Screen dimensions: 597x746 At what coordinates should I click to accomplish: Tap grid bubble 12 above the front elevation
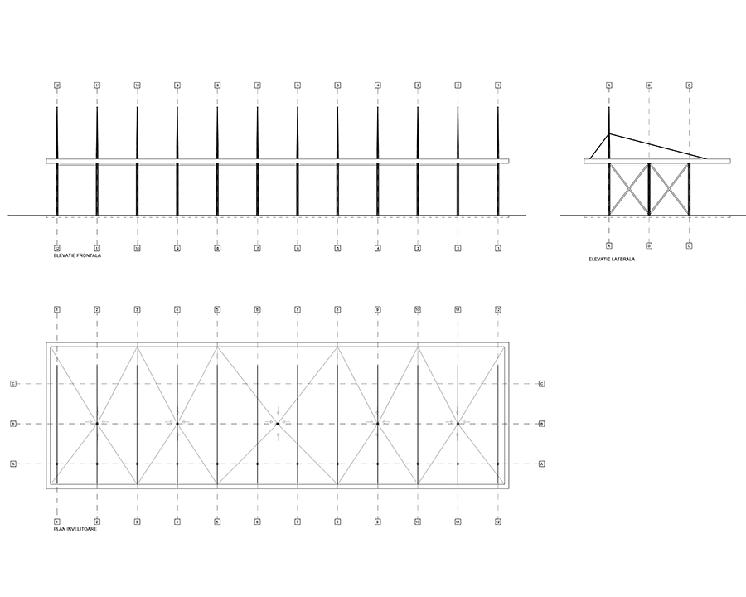(x=56, y=85)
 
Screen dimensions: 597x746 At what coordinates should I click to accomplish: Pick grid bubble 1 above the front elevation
(x=498, y=85)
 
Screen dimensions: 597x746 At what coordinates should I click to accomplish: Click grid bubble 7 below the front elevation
(x=257, y=248)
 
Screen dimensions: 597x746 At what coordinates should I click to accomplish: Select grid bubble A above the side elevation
(x=609, y=85)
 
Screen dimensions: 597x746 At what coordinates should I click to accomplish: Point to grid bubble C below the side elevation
(x=690, y=245)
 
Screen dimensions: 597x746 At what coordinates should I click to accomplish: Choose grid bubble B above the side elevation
(x=649, y=85)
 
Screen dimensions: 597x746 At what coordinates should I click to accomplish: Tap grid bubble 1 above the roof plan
(x=56, y=309)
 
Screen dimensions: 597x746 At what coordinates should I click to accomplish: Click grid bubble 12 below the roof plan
(x=498, y=522)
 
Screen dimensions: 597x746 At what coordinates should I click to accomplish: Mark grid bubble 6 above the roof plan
(x=257, y=309)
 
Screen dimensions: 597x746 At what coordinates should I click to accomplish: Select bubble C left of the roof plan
(x=13, y=384)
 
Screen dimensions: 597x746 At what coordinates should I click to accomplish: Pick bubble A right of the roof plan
(x=541, y=464)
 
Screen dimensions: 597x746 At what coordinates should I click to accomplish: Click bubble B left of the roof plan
(x=13, y=424)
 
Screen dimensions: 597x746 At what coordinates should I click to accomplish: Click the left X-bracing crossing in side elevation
(x=629, y=189)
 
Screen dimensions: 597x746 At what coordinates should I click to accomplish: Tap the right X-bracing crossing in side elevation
(x=670, y=189)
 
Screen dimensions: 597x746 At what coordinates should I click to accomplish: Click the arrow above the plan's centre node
(x=278, y=413)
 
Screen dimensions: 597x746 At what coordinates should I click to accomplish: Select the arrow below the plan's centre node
(x=278, y=434)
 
